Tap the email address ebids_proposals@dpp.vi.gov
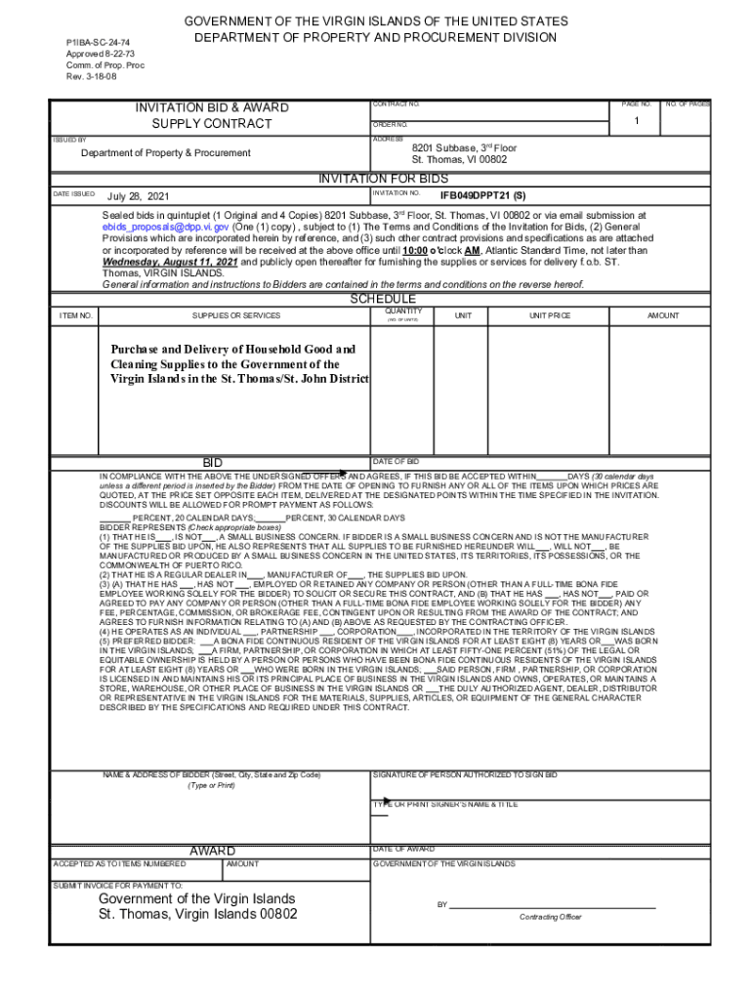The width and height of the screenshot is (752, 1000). point(166,226)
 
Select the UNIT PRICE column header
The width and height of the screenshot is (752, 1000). point(550,316)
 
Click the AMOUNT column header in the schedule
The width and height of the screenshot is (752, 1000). point(663,316)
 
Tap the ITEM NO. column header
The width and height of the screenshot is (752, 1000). point(76,316)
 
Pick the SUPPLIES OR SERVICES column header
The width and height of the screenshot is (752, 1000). point(235,316)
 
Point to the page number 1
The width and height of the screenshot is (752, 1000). point(635,121)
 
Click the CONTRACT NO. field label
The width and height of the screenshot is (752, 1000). point(396,104)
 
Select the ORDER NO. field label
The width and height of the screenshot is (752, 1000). point(390,125)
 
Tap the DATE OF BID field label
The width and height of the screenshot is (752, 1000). point(396,460)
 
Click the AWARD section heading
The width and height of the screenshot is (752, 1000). point(212,851)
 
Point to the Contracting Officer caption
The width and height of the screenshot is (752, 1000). point(550,917)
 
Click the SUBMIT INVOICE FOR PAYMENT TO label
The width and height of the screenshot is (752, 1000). point(117,886)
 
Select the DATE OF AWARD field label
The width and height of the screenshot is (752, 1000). point(403,849)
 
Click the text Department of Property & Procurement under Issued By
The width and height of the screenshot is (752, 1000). point(165,153)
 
